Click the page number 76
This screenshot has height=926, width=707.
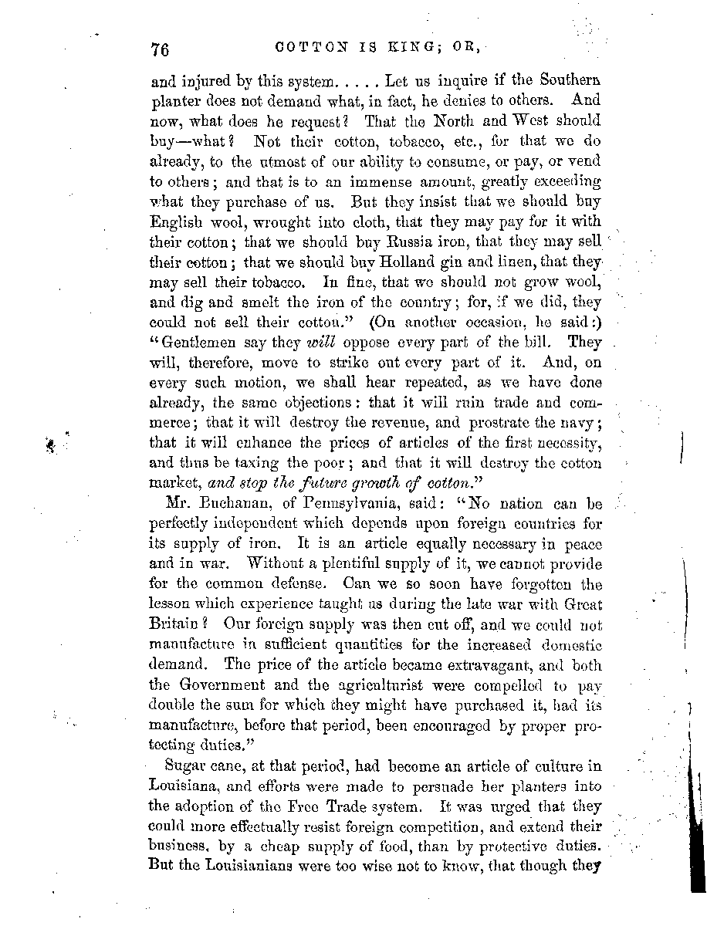coord(160,49)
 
